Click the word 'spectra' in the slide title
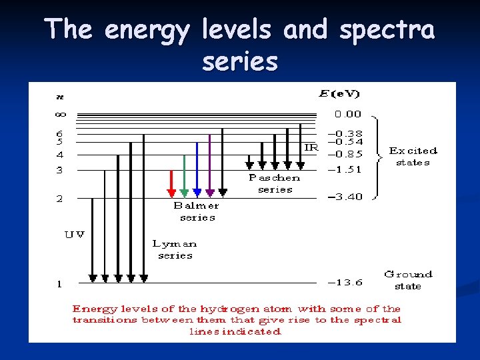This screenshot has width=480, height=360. point(387,29)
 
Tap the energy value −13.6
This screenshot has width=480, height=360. point(345,282)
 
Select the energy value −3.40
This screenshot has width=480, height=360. point(345,197)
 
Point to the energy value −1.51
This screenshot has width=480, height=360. point(345,169)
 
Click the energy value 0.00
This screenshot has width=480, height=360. point(348,114)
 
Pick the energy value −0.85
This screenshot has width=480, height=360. point(345,153)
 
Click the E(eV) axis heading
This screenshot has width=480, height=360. point(339,94)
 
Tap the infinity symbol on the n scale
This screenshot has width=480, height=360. point(60,114)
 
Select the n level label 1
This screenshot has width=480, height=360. point(59,284)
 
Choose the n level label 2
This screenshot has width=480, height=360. point(59,199)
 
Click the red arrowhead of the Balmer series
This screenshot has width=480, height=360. point(171,193)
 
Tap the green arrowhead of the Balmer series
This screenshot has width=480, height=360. point(184,193)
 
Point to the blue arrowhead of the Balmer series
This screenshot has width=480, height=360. point(197,193)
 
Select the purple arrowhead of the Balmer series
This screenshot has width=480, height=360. point(210,193)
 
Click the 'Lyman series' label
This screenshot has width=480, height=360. point(175,249)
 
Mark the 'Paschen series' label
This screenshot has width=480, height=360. point(275,183)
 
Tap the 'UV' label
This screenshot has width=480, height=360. point(74,235)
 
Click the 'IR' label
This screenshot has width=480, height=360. point(311,147)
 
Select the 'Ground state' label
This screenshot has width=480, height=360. point(408,280)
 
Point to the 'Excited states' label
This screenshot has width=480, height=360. point(413,157)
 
